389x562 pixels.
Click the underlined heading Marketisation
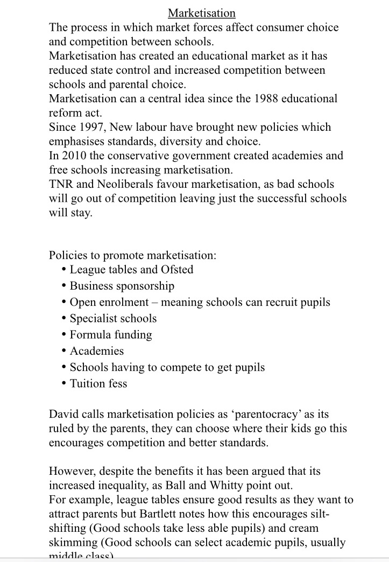201,12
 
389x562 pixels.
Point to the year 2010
76,156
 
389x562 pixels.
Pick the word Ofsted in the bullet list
177,269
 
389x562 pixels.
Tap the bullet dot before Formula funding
65,335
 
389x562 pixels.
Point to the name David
64,415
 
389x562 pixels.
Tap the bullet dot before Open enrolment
65,302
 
